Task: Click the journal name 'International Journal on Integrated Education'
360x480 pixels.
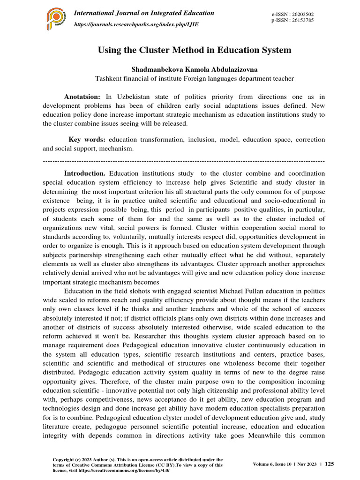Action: coord(145,13)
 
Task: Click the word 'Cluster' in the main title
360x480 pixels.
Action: coord(159,50)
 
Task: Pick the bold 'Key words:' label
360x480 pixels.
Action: coord(88,140)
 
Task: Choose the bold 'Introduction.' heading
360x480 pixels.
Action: coord(85,173)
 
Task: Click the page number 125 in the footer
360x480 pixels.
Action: coord(330,464)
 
